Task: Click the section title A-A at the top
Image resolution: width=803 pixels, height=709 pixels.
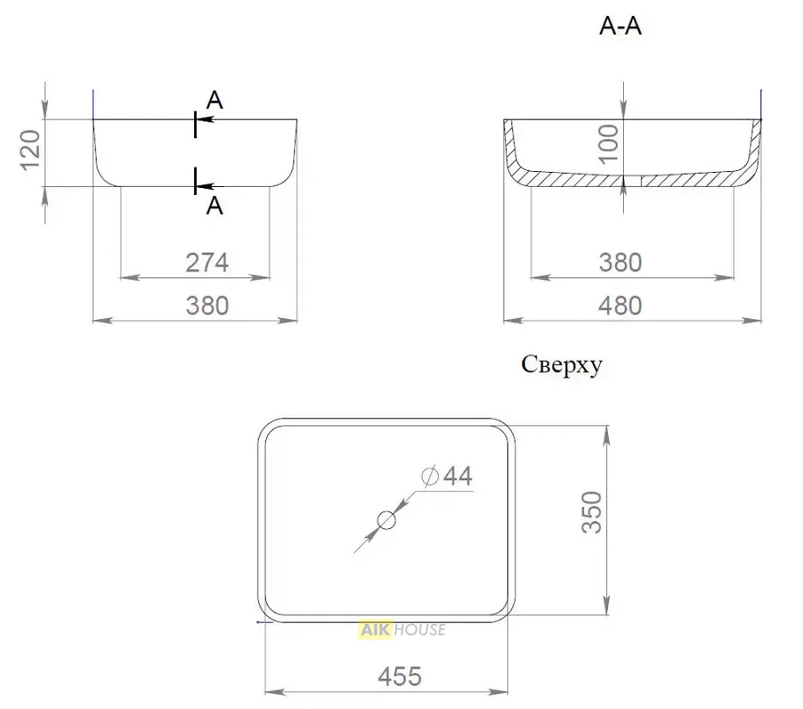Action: coord(620,26)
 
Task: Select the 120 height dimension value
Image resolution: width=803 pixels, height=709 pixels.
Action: coord(30,150)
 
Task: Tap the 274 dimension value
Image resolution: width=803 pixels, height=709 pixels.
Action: coord(207,262)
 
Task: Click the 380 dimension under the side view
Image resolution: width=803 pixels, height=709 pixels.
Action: coord(207,306)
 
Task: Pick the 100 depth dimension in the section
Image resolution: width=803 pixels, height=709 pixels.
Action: coord(608,144)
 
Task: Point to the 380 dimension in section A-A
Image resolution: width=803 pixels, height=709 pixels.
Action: coord(620,262)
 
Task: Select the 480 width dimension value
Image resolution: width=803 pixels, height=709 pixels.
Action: coord(620,306)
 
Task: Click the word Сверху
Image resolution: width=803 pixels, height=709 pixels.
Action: coord(562,365)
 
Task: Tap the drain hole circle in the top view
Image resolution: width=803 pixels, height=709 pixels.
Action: coord(386,520)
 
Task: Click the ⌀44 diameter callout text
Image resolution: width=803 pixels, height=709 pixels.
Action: coord(447,476)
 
